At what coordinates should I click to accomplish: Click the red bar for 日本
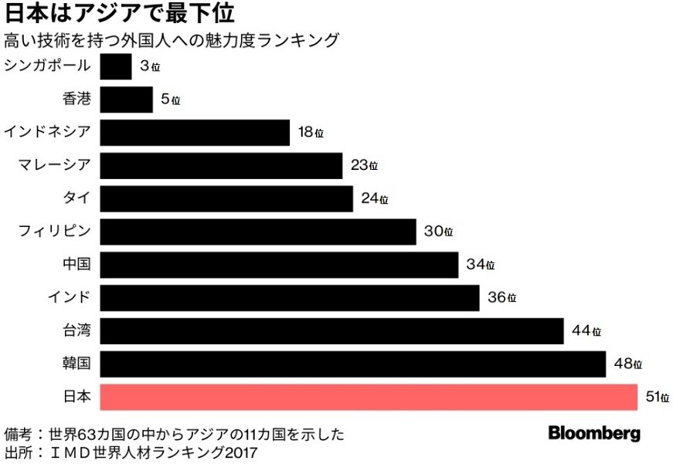coord(369,398)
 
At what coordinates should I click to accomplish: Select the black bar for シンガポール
coord(116,66)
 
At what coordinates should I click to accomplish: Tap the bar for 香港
coord(127,100)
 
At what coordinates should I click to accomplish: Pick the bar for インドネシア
coord(195,133)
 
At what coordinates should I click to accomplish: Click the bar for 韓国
coord(352,364)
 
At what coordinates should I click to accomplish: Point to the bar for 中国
coord(279,265)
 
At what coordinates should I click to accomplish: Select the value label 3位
coord(150,67)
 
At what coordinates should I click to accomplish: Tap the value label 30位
coord(438,232)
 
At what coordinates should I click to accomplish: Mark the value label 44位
coord(586,331)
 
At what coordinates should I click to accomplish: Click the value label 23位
coord(364,166)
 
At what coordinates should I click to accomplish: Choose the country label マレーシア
coord(54,165)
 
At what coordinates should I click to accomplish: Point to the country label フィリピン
coord(55,232)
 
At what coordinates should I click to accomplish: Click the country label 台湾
coord(76,331)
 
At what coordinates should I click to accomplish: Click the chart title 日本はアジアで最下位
coord(121,14)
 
